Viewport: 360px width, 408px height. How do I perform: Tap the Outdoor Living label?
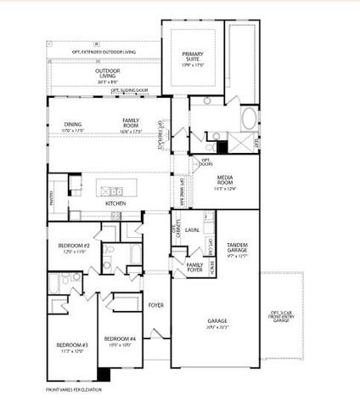coord(108,75)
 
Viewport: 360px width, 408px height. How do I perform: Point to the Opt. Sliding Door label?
coord(130,89)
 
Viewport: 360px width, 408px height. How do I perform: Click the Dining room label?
coord(73,126)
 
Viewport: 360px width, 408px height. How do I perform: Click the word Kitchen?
coord(115,203)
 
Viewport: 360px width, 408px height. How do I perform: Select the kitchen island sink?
coord(115,190)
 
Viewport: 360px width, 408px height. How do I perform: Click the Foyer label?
coord(155,304)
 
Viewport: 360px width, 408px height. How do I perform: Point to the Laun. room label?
coord(193,229)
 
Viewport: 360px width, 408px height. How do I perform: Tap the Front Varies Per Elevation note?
coord(75,389)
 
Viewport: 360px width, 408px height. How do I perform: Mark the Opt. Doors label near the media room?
coord(205,161)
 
